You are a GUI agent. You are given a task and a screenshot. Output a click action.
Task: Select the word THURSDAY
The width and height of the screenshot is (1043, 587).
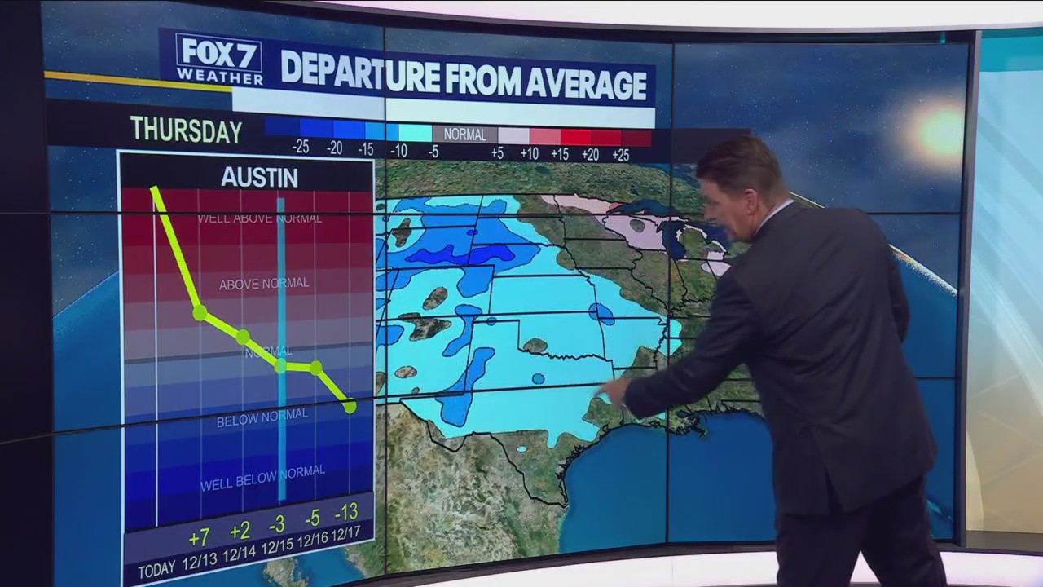click(x=186, y=130)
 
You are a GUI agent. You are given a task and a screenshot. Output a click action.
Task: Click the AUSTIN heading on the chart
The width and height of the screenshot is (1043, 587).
click(x=259, y=178)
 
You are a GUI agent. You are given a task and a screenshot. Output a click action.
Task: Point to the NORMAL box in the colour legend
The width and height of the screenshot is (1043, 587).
click(x=464, y=135)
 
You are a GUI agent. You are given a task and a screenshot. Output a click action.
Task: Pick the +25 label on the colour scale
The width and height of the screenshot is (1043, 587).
click(x=620, y=154)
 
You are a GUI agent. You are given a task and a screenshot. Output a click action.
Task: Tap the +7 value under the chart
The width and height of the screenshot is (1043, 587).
click(x=199, y=538)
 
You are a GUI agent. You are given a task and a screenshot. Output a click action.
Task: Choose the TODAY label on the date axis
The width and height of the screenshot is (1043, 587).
click(x=157, y=570)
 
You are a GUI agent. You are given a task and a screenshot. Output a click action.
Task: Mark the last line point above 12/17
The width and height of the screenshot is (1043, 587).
click(x=350, y=406)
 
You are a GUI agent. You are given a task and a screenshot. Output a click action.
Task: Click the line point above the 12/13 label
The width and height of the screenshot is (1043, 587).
click(x=200, y=311)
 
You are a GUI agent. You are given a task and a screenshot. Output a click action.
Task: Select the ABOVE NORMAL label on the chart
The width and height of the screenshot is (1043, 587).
click(x=264, y=284)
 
